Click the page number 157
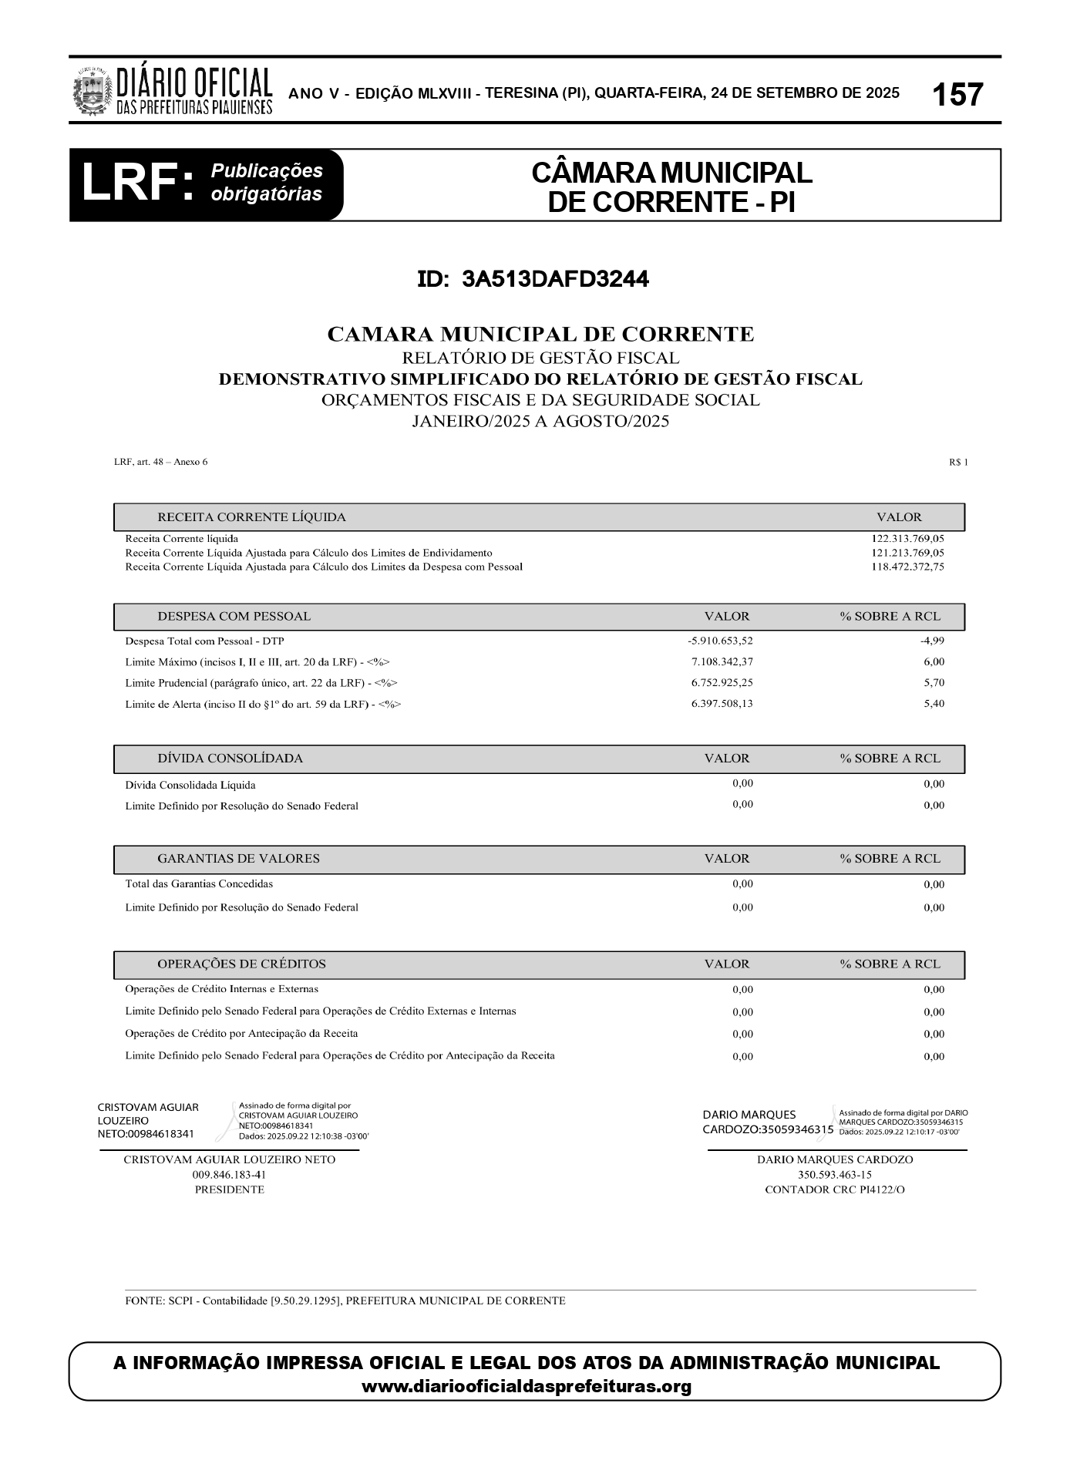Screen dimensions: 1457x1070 pos(957,95)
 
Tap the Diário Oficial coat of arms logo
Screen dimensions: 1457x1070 pos(92,91)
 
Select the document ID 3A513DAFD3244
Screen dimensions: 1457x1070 pos(533,279)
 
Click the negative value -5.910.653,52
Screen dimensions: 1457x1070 pos(720,641)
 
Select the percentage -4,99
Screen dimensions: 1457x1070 pos(932,641)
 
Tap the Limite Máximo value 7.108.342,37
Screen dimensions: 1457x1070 pos(722,661)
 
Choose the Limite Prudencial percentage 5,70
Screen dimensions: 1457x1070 pos(934,682)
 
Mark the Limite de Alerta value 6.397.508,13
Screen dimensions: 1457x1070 pos(722,703)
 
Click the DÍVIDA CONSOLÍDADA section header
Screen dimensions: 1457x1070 pos(230,759)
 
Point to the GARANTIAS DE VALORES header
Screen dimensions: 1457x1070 pos(238,859)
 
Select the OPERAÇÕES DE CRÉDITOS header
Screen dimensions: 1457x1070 pos(241,964)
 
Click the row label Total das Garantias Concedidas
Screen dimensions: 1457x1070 pos(199,884)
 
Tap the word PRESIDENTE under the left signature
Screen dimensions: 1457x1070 pos(230,1189)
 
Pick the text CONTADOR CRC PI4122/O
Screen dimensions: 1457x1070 pos(834,1189)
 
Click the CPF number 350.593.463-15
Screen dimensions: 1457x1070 pos(834,1175)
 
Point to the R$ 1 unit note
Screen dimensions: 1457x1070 pos(958,463)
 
